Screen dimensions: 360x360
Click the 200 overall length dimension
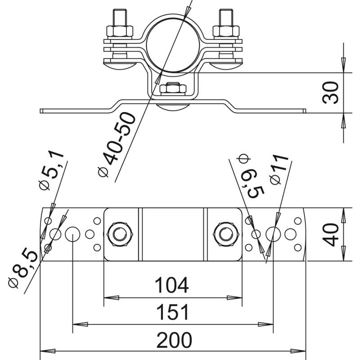point(174,340)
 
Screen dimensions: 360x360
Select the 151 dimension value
point(172,312)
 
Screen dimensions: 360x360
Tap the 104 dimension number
point(172,285)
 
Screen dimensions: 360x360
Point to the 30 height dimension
point(331,92)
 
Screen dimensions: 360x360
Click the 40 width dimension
point(331,234)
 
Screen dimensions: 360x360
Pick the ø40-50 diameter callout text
point(117,144)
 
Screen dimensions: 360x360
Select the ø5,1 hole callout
point(51,171)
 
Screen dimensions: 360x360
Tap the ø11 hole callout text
point(279,169)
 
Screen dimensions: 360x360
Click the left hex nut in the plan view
point(120,234)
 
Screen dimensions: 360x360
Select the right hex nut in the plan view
point(226,234)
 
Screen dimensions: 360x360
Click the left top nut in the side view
point(120,31)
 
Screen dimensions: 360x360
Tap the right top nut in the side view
point(226,31)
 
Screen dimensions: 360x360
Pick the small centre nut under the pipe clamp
point(173,88)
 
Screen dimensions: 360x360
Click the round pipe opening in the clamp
point(173,45)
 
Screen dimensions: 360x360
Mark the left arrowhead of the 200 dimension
point(48,351)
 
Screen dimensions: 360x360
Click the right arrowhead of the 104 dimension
point(234,298)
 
